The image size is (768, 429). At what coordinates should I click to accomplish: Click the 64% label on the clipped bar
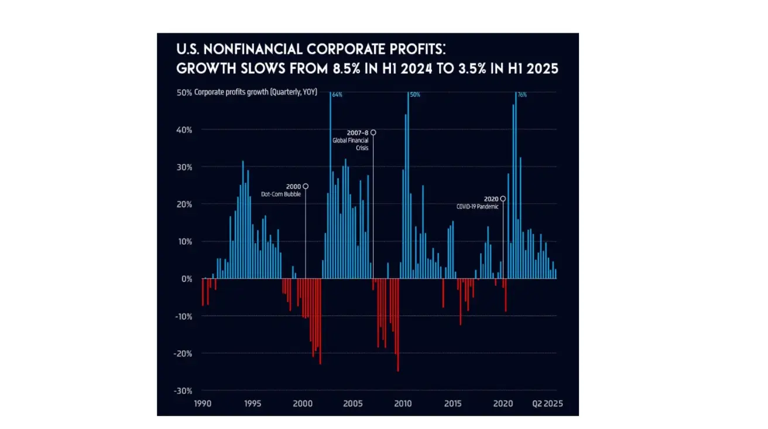337,94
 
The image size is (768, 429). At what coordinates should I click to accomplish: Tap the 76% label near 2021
522,94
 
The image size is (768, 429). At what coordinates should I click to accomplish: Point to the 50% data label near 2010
415,94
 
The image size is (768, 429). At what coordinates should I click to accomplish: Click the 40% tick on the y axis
185,130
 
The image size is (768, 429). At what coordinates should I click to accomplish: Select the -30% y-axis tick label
184,391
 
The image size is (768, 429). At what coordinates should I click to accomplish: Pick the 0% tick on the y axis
187,279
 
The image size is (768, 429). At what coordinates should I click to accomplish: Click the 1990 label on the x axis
203,404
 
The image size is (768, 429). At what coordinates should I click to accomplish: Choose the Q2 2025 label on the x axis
547,404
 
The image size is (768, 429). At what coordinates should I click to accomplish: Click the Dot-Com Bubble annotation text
281,194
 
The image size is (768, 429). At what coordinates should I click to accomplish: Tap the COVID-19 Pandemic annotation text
477,207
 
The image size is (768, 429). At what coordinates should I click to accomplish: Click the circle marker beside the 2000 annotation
306,186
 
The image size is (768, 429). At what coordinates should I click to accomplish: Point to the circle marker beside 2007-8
373,133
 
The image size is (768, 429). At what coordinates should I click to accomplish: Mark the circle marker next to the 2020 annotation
503,199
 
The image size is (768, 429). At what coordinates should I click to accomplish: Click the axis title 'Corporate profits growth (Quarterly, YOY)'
255,92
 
